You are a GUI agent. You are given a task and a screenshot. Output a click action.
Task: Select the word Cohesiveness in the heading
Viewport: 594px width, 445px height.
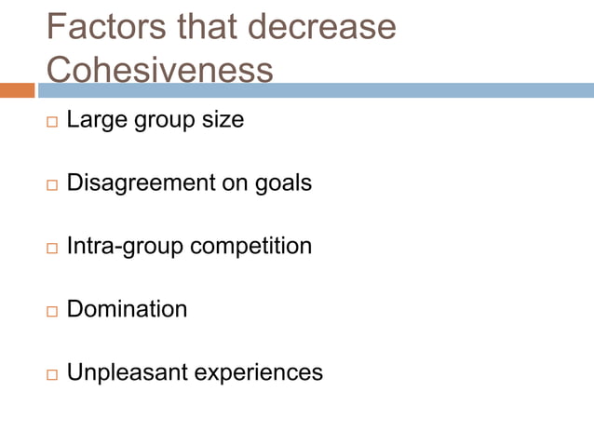pyautogui.click(x=159, y=70)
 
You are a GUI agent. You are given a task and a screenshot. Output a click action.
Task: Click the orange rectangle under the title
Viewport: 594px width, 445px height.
pyautogui.click(x=18, y=90)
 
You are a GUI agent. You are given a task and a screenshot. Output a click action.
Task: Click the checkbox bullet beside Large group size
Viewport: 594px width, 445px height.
pyautogui.click(x=51, y=123)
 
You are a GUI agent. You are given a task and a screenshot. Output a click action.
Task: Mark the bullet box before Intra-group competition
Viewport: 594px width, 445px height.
pyautogui.click(x=51, y=249)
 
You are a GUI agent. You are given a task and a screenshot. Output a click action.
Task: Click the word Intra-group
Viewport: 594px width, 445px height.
pyautogui.click(x=125, y=247)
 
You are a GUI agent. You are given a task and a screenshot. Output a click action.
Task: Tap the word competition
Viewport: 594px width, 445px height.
pyautogui.click(x=250, y=247)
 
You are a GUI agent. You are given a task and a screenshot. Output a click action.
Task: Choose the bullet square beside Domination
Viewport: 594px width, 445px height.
pyautogui.click(x=51, y=311)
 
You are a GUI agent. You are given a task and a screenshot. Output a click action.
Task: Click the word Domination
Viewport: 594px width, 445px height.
pyautogui.click(x=127, y=309)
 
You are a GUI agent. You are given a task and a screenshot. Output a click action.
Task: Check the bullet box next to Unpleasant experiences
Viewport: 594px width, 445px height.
pyautogui.click(x=51, y=374)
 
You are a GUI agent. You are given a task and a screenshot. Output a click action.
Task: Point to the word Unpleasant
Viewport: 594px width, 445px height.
pyautogui.click(x=123, y=372)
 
